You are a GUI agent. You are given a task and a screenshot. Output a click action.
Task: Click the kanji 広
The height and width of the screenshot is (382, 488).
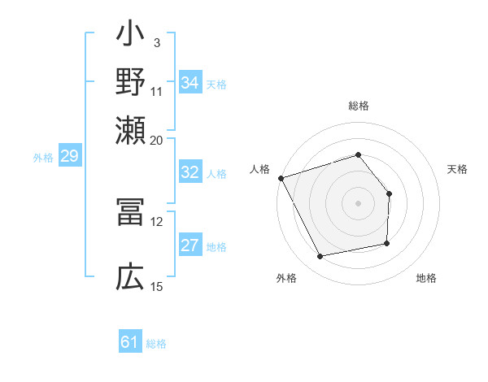[x=131, y=277]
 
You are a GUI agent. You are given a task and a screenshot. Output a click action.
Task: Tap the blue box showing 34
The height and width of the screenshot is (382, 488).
[x=190, y=83]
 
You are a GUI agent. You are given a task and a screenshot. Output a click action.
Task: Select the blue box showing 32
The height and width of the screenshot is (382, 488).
[x=190, y=172]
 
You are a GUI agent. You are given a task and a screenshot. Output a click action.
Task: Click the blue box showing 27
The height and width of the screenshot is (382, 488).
[x=190, y=246]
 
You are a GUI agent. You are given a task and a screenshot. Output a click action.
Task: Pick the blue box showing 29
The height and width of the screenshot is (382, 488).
[x=69, y=157]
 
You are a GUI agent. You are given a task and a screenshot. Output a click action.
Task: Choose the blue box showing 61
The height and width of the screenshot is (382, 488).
[x=130, y=342]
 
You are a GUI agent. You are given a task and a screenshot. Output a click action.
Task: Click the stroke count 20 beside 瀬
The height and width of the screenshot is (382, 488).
[x=157, y=141]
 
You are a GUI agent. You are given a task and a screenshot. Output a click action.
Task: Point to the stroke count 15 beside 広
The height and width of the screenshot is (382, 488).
[x=157, y=286]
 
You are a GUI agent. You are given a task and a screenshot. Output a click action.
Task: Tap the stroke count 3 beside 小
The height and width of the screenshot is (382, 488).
[x=156, y=41]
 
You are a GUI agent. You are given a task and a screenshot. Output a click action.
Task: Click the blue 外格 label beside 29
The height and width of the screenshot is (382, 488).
[x=43, y=158]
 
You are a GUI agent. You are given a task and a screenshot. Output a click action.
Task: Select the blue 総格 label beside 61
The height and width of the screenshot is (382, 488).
[x=156, y=344]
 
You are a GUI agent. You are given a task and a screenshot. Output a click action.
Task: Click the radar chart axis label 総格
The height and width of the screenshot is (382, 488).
[x=358, y=106]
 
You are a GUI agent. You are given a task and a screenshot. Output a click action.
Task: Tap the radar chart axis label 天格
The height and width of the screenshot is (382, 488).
[x=457, y=169]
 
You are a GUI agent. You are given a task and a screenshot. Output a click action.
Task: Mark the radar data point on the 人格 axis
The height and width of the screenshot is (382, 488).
[x=281, y=177]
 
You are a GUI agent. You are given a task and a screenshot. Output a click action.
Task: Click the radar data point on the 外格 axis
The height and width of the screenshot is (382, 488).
[x=320, y=257]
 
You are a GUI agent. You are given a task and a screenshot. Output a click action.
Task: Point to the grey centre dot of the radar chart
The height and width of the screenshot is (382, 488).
[x=358, y=202]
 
